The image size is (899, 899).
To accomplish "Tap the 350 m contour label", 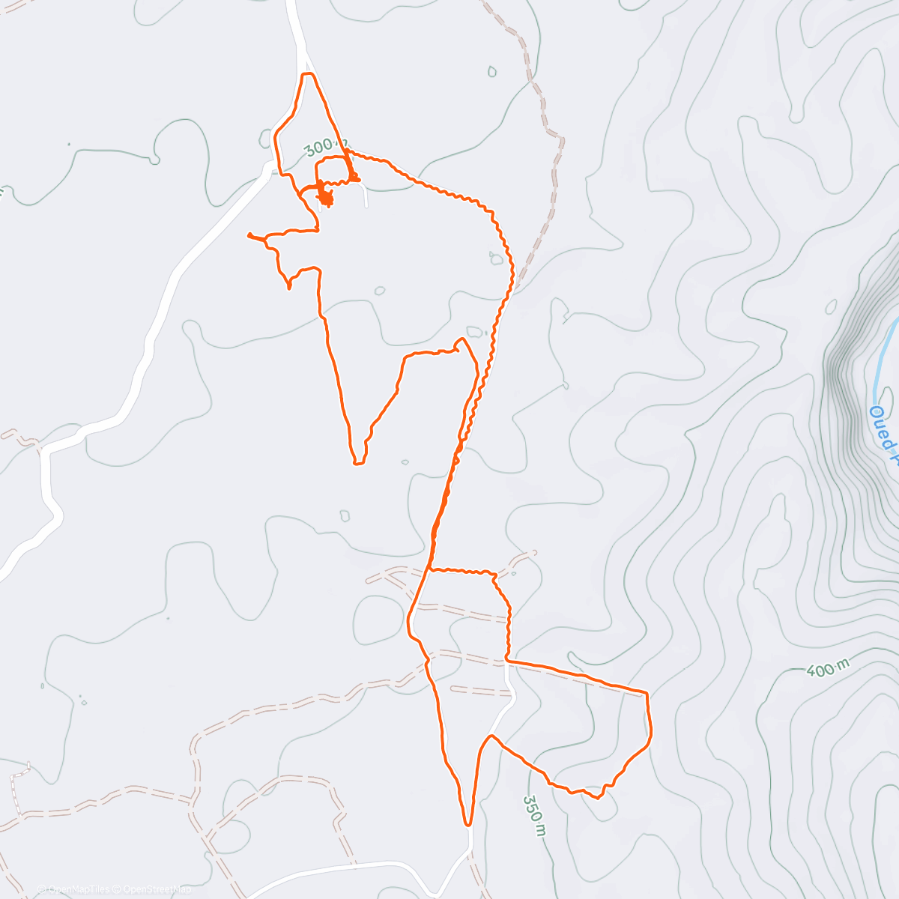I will [x=533, y=814].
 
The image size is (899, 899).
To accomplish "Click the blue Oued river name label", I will [x=884, y=435].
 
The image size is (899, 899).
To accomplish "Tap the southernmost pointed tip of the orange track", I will [x=469, y=824].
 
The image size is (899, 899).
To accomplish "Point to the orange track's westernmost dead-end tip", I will [x=249, y=236].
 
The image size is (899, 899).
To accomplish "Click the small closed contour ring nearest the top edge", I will [x=492, y=72].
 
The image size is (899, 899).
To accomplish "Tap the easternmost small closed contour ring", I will [x=831, y=307].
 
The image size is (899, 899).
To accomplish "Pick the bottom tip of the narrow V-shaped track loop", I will [x=357, y=463].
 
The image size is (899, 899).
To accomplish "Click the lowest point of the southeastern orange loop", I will [x=597, y=798].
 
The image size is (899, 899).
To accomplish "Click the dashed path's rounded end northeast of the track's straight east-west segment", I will [x=533, y=554].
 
